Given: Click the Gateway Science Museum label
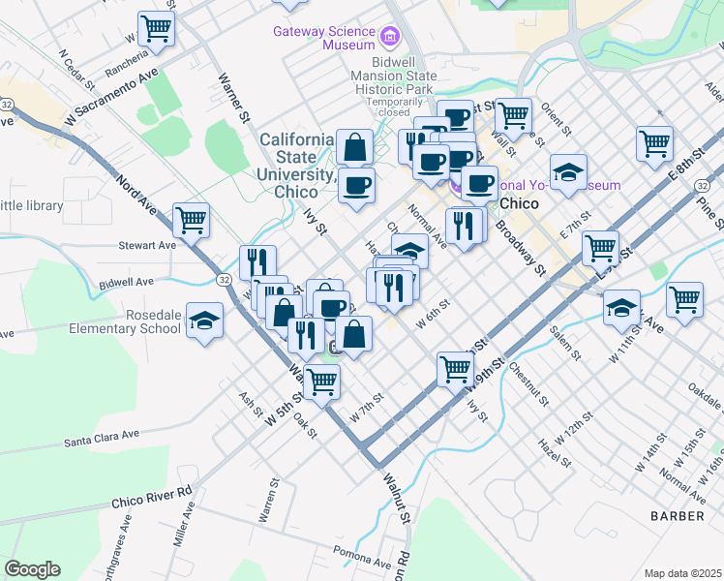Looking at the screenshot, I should (323, 38).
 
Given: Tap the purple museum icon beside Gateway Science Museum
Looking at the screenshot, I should (390, 38).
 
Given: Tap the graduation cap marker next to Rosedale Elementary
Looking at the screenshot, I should (204, 321).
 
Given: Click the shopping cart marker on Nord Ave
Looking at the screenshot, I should (192, 220).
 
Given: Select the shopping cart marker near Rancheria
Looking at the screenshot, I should (156, 27).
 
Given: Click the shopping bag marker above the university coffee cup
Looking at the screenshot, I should (355, 147).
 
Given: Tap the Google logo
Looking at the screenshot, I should (32, 569).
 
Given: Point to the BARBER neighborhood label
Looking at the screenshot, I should (677, 516).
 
